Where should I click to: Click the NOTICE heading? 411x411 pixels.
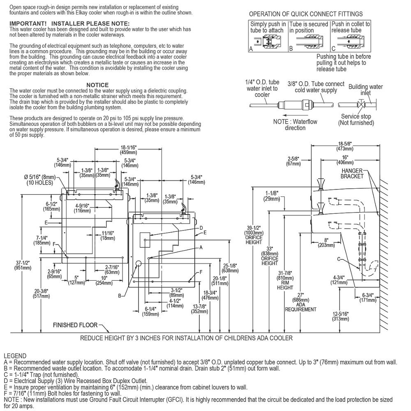[x=97, y=85]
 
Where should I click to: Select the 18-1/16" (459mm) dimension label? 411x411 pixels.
[x=128, y=150]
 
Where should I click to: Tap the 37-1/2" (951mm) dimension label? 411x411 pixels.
[x=23, y=265]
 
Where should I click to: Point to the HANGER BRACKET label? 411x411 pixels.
[x=352, y=173]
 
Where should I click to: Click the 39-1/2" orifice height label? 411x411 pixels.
[x=254, y=235]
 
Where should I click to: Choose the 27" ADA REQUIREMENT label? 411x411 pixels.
[x=301, y=302]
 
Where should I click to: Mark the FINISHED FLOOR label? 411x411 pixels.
[x=75, y=325]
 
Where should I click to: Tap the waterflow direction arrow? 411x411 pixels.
[x=296, y=115]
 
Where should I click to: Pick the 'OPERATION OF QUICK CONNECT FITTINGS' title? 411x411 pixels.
[x=306, y=14]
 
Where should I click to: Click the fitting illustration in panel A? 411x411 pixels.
[x=268, y=42]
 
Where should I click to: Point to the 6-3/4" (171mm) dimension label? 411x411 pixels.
[x=368, y=298]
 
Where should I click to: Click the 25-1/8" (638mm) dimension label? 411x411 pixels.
[x=230, y=268]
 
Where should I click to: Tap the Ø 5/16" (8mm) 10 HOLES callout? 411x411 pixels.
[x=39, y=180]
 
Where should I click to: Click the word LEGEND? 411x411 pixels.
[x=15, y=356]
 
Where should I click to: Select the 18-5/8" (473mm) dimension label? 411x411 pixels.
[x=345, y=146]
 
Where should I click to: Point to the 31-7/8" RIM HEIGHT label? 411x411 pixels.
[x=285, y=280]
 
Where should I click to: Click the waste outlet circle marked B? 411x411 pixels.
[x=138, y=263]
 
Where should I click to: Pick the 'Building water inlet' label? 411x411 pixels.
[x=365, y=90]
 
